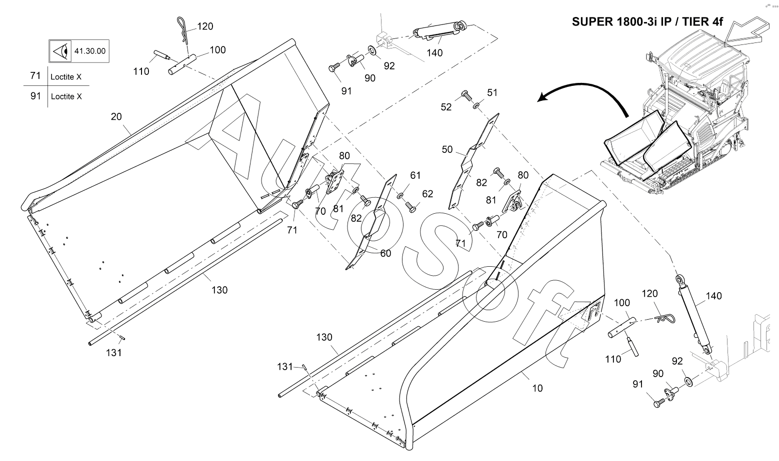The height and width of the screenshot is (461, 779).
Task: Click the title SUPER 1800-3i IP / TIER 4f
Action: pyautogui.click(x=648, y=22)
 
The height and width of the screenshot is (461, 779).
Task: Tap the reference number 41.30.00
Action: pyautogui.click(x=89, y=51)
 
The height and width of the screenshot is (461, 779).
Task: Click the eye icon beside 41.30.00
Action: pyautogui.click(x=61, y=51)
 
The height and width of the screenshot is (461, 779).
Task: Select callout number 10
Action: pyautogui.click(x=537, y=388)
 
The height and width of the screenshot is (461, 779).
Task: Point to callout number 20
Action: pyautogui.click(x=116, y=117)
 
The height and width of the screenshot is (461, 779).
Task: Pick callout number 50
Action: pyautogui.click(x=447, y=149)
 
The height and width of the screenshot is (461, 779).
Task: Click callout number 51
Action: pyautogui.click(x=492, y=92)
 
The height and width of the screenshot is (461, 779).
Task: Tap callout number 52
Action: pyautogui.click(x=446, y=107)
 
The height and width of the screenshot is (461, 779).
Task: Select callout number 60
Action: pyautogui.click(x=385, y=253)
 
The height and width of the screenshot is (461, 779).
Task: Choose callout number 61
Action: pyautogui.click(x=415, y=175)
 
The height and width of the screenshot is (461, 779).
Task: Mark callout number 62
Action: pyautogui.click(x=427, y=194)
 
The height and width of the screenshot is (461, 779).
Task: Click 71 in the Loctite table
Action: pyautogui.click(x=35, y=76)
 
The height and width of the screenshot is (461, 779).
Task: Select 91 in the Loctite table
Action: pyautogui.click(x=35, y=96)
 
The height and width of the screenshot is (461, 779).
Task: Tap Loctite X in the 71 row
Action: pyautogui.click(x=66, y=77)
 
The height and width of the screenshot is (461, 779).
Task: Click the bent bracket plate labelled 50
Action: pyautogui.click(x=472, y=160)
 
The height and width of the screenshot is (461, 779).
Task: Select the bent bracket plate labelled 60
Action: pyautogui.click(x=372, y=222)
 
